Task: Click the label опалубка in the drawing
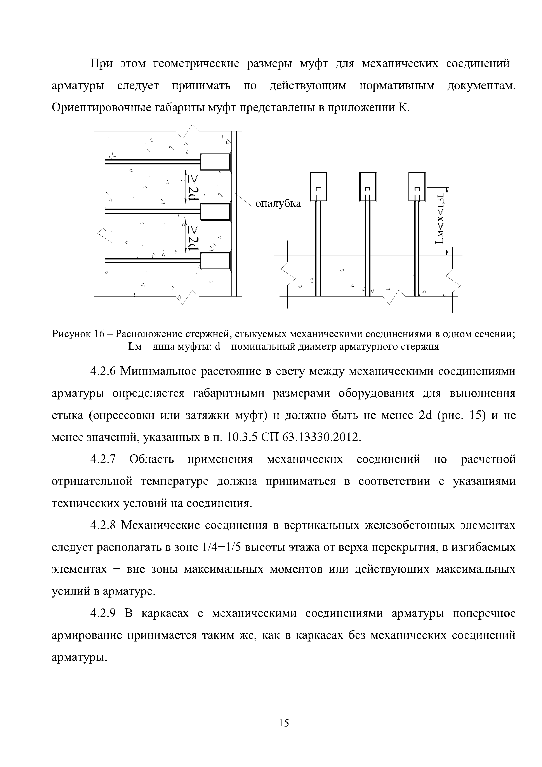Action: (278, 203)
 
